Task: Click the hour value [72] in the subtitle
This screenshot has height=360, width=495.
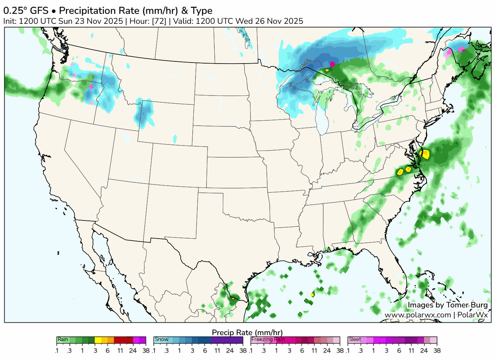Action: [x=159, y=21]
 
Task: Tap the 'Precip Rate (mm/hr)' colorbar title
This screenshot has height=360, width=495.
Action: [x=247, y=332]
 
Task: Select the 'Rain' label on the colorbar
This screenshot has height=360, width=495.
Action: [x=63, y=339]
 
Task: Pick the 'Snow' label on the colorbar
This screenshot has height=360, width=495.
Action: [x=161, y=339]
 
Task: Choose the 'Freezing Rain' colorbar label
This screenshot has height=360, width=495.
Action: [x=268, y=339]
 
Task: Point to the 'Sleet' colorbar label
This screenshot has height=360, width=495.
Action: [x=355, y=339]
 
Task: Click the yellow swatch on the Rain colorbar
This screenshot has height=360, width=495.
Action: [x=98, y=340]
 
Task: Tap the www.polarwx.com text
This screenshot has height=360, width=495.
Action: [x=418, y=315]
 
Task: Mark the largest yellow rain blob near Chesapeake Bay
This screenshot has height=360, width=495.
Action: [x=425, y=154]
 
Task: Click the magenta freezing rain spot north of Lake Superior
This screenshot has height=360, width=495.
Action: [x=332, y=64]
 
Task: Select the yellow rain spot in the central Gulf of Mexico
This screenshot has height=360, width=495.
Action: [x=312, y=295]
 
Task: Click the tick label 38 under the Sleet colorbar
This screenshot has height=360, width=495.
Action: [x=437, y=351]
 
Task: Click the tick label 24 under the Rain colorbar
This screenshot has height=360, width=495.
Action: [x=133, y=351]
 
